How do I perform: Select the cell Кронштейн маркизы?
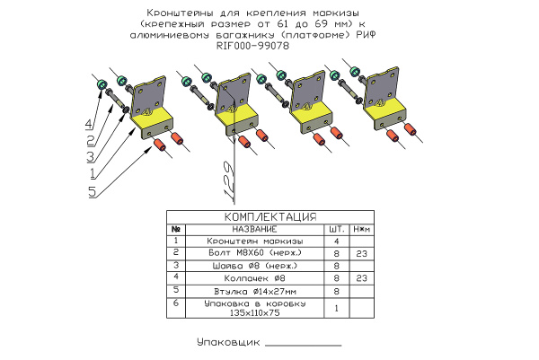coord(255,241)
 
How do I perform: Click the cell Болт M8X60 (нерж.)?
coord(255,253)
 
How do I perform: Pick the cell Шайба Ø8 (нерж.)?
coord(255,266)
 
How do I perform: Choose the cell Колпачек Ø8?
coord(255,278)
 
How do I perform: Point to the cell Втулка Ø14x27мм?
coord(255,291)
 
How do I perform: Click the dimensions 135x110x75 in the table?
coord(255,314)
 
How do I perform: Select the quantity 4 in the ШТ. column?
coord(336,241)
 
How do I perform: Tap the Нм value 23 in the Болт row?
coord(359,253)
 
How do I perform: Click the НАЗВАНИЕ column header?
coord(255,229)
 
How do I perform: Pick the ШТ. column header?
coord(336,229)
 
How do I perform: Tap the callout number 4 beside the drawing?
coord(89,123)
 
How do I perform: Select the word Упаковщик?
coord(227,342)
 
